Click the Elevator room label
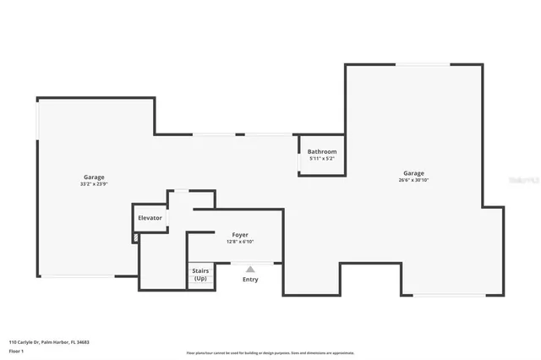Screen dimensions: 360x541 (150, 218)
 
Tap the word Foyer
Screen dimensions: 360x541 (240, 235)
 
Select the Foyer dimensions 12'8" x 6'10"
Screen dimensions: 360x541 (240, 243)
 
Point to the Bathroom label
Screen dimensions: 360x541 (322, 151)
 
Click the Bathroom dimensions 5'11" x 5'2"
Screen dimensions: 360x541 (322, 159)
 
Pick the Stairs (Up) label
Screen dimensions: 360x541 (200, 275)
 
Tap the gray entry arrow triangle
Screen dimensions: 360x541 (250, 270)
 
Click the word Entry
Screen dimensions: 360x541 (250, 280)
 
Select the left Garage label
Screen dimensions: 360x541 (94, 177)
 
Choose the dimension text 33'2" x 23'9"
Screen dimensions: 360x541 (94, 185)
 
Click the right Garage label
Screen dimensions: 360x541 (413, 173)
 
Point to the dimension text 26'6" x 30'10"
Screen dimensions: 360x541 (413, 181)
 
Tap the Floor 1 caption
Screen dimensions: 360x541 (15, 350)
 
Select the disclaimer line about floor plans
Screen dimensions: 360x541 (270, 352)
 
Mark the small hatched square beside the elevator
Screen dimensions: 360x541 (135, 238)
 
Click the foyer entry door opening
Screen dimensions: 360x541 (252, 263)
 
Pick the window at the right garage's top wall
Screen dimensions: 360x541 (423, 64)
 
